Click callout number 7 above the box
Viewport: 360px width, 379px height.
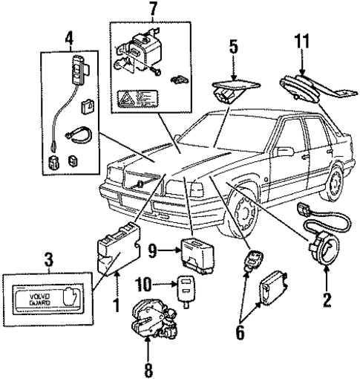pyautogui.click(x=153, y=10)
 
